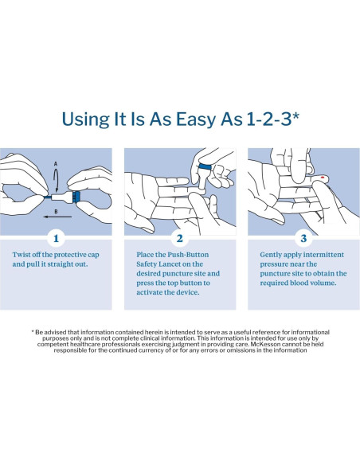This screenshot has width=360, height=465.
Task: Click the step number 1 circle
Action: click(x=56, y=239)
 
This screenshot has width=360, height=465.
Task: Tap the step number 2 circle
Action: click(x=180, y=239)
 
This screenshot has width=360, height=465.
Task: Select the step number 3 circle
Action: click(x=303, y=239)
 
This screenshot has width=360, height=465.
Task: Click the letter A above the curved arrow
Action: click(x=56, y=164)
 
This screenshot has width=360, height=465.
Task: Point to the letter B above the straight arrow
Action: click(x=56, y=212)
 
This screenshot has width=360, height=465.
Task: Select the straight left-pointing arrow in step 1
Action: click(x=58, y=217)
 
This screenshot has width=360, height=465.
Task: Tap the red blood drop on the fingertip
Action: click(x=323, y=178)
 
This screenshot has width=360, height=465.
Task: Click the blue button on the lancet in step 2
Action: click(x=205, y=166)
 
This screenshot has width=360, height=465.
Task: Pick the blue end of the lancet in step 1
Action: click(x=76, y=197)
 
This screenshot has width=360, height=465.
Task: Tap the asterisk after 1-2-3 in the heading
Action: click(x=295, y=115)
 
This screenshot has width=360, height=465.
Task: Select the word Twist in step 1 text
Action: click(x=21, y=255)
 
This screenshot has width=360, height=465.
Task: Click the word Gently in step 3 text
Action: click(x=269, y=255)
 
